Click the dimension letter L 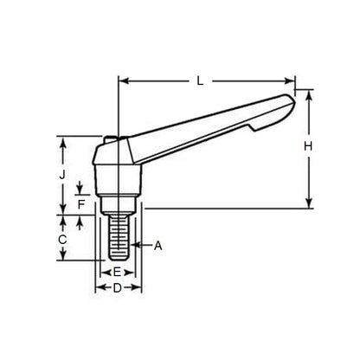click(x=200, y=81)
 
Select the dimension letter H click(x=308, y=147)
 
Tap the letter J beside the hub click(x=62, y=173)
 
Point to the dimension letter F click(x=80, y=204)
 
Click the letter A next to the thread click(x=158, y=246)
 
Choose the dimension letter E click(x=117, y=272)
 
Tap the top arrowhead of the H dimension click(x=308, y=93)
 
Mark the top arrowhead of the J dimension click(x=62, y=139)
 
